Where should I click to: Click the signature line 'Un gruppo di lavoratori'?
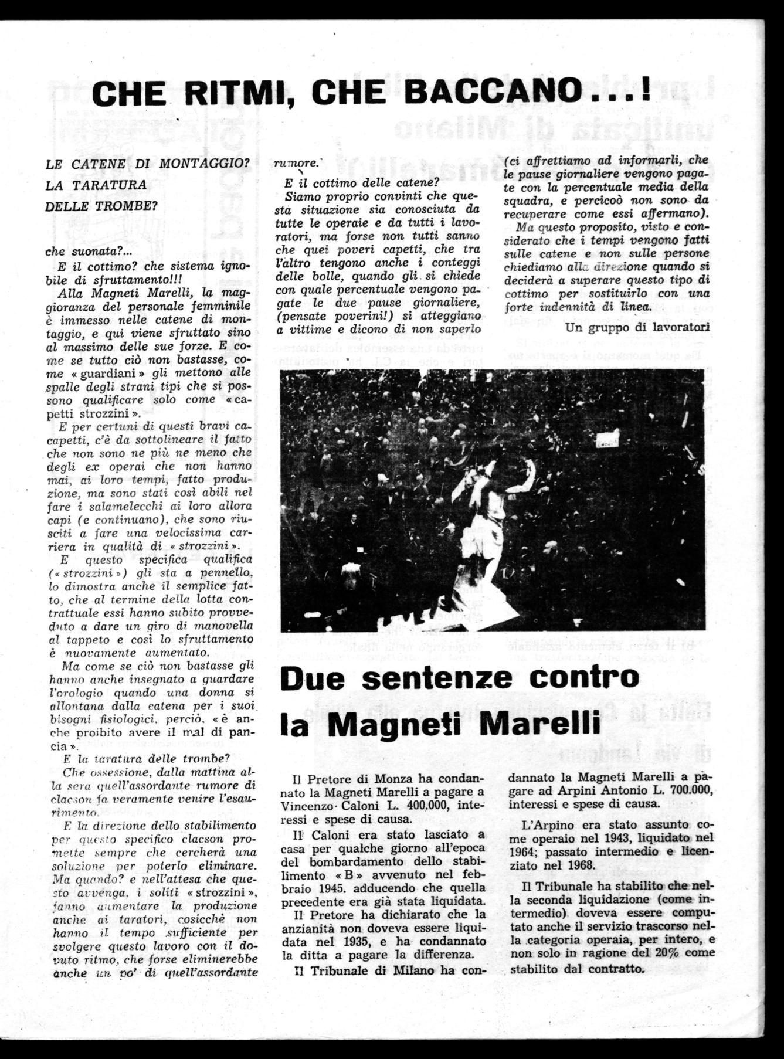[x=637, y=327]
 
